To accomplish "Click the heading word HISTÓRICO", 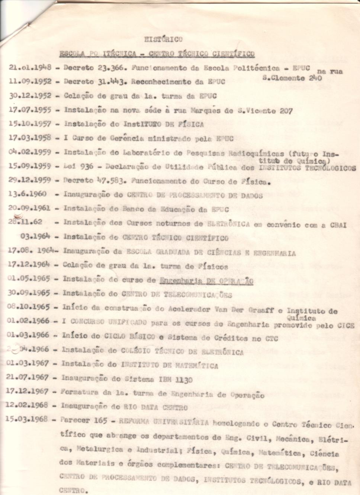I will click(x=163, y=39).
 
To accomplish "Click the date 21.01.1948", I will click(x=30, y=68).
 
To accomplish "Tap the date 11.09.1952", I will click(x=30, y=82).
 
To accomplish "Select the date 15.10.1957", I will click(x=30, y=124).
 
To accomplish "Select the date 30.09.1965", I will click(x=29, y=293).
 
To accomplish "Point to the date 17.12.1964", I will click(x=29, y=265).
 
